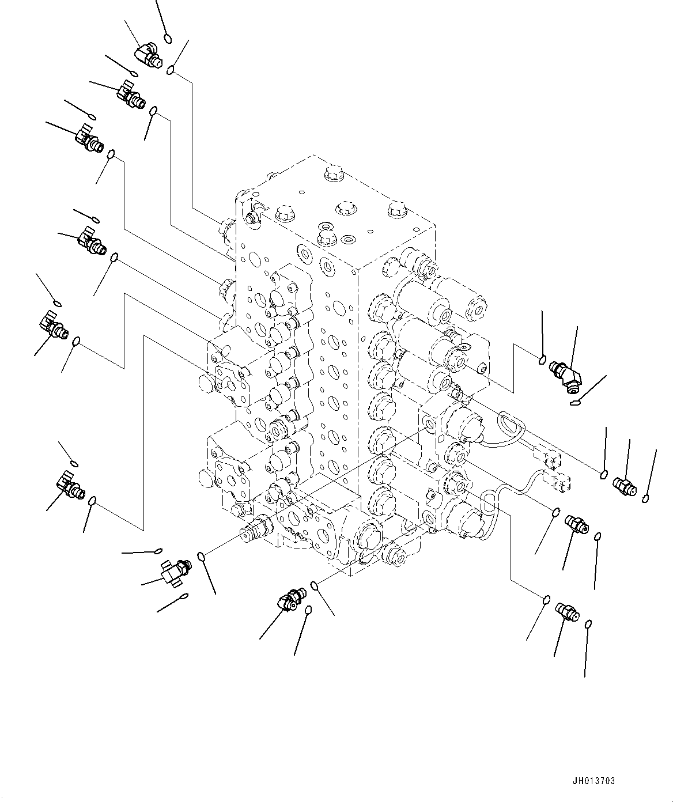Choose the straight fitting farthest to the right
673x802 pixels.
pyautogui.click(x=624, y=486)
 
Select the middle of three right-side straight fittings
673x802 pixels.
pyautogui.click(x=576, y=523)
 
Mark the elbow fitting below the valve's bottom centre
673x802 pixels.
pyautogui.click(x=290, y=599)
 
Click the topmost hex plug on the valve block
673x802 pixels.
pyautogui.click(x=334, y=172)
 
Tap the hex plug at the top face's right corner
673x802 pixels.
pyautogui.click(x=396, y=210)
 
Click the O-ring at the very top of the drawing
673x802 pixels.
pyautogui.click(x=167, y=39)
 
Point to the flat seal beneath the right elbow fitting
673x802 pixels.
pyautogui.click(x=574, y=403)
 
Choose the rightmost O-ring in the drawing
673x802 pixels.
pyautogui.click(x=646, y=498)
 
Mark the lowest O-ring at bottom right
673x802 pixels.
pyautogui.click(x=588, y=625)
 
